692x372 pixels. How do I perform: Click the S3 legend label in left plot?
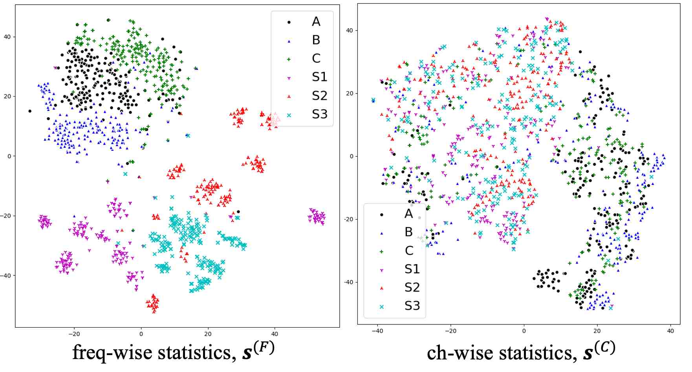tap(319, 114)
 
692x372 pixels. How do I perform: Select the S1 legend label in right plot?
tap(412, 269)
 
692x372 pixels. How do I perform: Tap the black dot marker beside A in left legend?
tap(289, 22)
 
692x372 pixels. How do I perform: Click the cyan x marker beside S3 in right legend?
tap(381, 306)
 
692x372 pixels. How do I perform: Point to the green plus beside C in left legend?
tap(289, 59)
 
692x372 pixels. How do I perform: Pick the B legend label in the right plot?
tap(408, 232)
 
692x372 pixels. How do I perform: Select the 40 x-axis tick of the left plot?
tap(275, 334)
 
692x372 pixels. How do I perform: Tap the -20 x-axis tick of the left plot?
tap(74, 334)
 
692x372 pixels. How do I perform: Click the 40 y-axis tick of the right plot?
tap(350, 30)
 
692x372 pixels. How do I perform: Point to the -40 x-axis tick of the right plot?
tap(377, 331)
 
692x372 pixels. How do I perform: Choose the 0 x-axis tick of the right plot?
tap(524, 331)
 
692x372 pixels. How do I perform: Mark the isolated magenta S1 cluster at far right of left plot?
tap(317, 216)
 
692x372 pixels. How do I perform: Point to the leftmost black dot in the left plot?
tap(29, 111)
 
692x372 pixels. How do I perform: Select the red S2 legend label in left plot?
tap(319, 96)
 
